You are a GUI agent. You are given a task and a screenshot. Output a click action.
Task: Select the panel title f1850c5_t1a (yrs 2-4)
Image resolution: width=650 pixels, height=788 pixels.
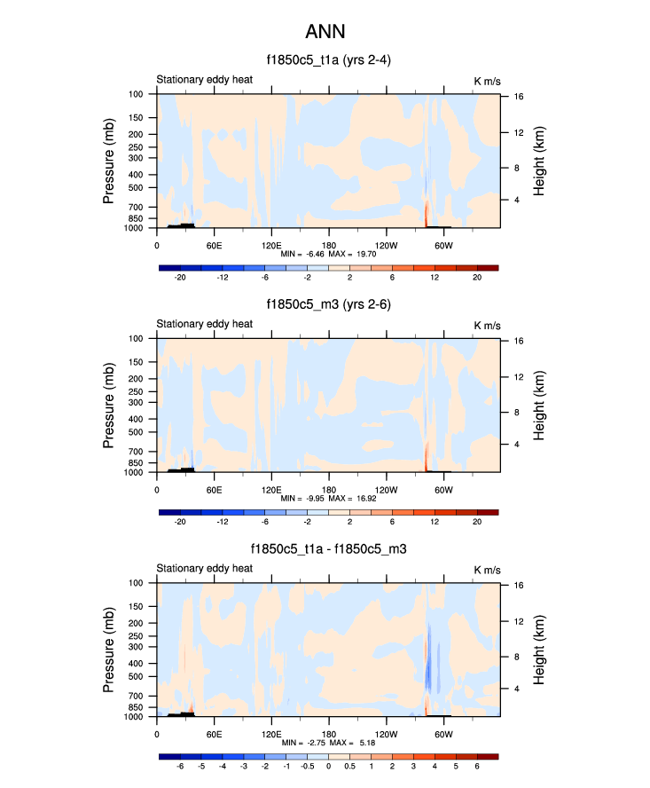(x=328, y=61)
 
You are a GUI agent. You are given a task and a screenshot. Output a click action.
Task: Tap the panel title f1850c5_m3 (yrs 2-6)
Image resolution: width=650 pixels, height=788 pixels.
(x=328, y=305)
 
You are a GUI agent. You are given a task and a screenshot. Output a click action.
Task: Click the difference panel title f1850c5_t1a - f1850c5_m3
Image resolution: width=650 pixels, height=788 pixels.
(x=328, y=549)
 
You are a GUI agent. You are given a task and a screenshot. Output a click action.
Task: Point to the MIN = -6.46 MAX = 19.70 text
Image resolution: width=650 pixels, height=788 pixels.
(x=329, y=254)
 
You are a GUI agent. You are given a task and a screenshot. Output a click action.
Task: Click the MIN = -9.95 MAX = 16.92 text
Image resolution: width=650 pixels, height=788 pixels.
(x=329, y=499)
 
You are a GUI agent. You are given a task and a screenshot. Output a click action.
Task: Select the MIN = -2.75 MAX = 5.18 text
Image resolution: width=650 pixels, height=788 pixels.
(x=329, y=743)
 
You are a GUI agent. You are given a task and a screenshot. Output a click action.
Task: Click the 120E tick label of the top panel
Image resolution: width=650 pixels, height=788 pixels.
(x=271, y=244)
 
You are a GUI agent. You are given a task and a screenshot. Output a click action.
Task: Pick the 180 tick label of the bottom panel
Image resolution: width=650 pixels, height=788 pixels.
(x=329, y=733)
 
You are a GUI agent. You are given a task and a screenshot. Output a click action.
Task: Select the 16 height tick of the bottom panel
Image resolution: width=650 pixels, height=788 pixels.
(x=515, y=585)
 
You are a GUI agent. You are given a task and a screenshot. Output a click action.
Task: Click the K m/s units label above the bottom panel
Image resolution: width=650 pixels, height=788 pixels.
(x=487, y=569)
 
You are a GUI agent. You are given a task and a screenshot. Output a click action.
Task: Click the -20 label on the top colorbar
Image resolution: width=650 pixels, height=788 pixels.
(x=180, y=278)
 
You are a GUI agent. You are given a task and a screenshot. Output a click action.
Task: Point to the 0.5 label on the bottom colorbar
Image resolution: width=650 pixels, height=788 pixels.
(x=349, y=766)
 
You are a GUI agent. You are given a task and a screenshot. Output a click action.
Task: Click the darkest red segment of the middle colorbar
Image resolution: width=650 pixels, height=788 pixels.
(x=488, y=512)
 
